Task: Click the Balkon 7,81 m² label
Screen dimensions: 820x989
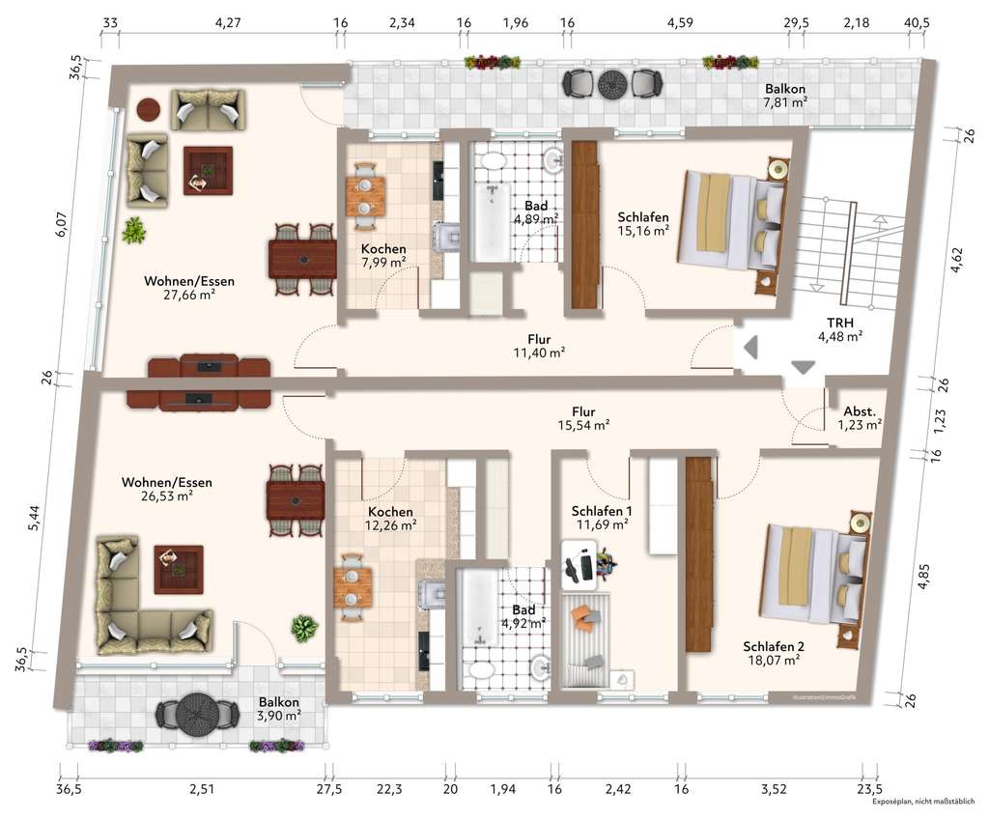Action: point(784,94)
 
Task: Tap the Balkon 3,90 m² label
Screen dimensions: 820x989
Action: point(279,709)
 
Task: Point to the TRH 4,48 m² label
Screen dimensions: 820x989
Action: point(839,329)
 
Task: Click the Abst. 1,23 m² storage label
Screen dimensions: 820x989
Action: point(859,417)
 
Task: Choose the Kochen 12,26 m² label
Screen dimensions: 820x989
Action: point(391,519)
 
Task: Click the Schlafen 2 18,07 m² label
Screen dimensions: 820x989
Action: point(772,653)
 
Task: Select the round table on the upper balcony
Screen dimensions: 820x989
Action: point(611,84)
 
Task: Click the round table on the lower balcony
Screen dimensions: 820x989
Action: point(197,715)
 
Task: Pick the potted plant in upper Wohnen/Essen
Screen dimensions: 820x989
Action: point(133,230)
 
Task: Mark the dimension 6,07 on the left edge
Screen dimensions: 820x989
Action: point(61,225)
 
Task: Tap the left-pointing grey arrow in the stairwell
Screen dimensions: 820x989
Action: point(749,345)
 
